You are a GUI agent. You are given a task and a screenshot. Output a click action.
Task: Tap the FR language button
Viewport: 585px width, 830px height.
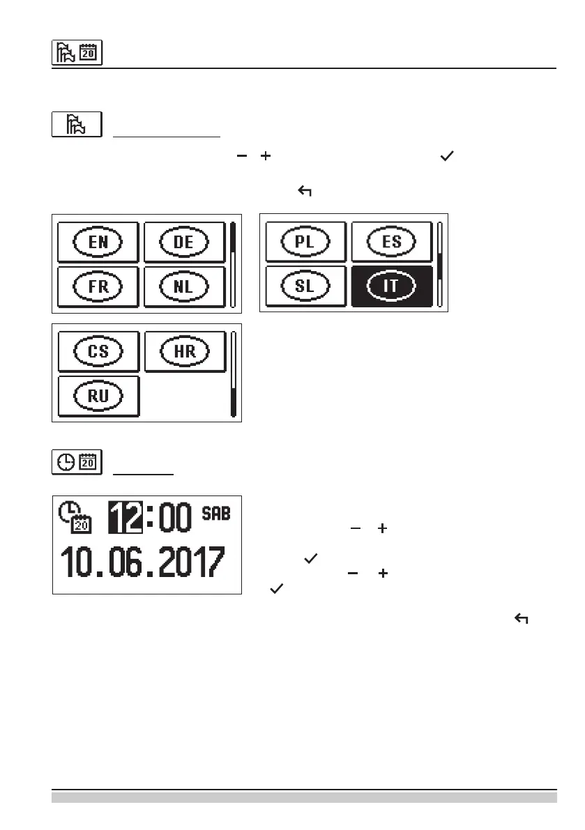98,286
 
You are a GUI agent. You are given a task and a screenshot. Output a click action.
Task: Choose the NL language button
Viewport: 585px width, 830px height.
185,286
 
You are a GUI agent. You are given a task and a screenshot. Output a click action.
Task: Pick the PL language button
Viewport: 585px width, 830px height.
305,242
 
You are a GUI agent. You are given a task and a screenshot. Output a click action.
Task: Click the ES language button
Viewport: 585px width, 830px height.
391,242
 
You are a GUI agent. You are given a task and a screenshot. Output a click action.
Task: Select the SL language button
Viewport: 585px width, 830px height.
305,286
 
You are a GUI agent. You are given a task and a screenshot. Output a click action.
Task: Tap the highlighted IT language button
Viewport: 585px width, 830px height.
391,286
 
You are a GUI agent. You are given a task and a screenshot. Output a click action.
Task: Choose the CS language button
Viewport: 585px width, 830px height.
98,352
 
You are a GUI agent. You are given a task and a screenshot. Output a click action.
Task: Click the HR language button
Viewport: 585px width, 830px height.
185,352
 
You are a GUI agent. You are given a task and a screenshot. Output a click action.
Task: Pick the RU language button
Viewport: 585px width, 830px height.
98,395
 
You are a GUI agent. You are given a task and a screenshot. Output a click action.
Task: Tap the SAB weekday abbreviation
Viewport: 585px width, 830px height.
215,514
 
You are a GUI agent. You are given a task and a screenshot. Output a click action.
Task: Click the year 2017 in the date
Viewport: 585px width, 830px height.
190,562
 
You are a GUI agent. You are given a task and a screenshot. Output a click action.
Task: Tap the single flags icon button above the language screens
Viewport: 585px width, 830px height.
77,124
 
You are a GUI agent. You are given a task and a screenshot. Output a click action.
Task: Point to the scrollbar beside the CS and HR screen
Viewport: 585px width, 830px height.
234,374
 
